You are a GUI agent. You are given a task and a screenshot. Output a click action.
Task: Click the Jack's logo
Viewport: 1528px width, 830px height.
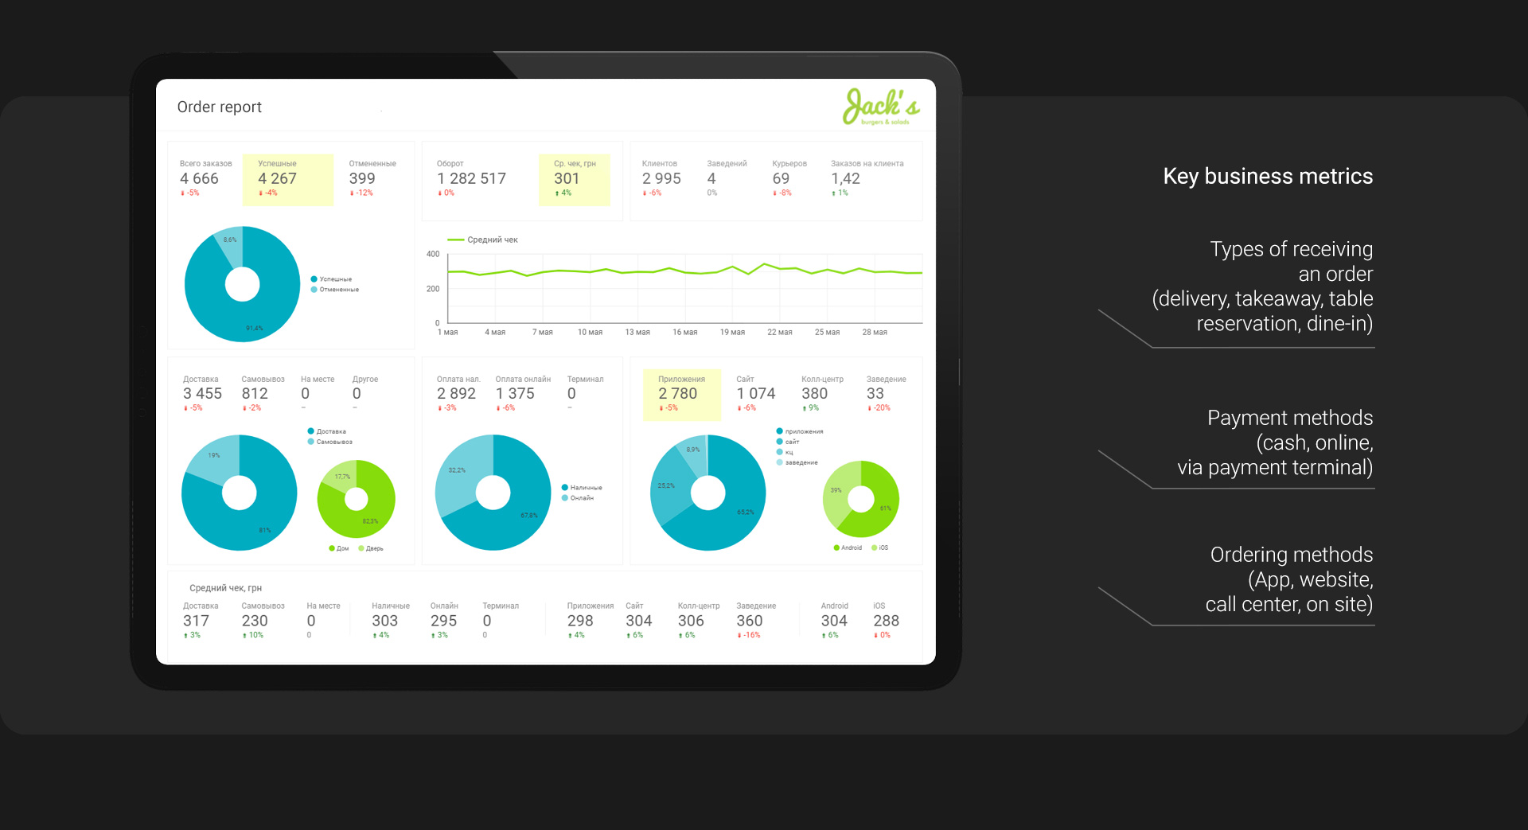click(880, 107)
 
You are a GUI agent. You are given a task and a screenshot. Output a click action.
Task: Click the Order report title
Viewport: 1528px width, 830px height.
click(219, 107)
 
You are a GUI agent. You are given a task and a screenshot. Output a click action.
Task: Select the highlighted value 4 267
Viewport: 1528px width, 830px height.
click(277, 179)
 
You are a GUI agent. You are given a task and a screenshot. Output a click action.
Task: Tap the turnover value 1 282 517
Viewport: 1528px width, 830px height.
click(471, 179)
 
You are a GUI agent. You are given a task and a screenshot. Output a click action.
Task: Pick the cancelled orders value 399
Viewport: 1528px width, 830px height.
click(361, 179)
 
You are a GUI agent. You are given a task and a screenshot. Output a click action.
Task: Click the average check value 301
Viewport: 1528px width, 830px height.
click(567, 179)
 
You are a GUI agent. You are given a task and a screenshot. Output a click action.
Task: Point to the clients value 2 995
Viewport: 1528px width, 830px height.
click(661, 179)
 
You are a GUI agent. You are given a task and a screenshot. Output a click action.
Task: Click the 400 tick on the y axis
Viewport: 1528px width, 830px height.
click(433, 255)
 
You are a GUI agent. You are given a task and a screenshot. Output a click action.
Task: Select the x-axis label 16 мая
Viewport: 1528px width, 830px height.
click(684, 333)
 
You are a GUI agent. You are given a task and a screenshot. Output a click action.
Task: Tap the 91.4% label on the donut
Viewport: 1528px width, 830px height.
click(254, 328)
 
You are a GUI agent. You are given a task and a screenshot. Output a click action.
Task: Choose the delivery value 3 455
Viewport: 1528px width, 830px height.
click(202, 394)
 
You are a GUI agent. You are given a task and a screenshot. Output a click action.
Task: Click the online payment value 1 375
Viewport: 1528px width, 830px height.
click(515, 394)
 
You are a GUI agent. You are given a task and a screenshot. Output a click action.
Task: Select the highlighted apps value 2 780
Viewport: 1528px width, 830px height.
click(677, 394)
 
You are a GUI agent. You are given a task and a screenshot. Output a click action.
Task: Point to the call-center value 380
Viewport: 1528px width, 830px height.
click(814, 394)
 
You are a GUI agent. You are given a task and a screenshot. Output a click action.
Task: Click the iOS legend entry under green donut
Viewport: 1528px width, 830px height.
click(880, 547)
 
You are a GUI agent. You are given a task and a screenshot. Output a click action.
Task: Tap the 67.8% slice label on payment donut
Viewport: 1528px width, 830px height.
click(529, 516)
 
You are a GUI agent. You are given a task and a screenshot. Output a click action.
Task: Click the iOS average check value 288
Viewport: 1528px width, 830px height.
click(886, 621)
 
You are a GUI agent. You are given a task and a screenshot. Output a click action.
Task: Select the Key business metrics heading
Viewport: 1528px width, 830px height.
click(1268, 176)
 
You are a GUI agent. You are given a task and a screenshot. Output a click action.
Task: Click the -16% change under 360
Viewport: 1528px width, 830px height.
click(750, 635)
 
